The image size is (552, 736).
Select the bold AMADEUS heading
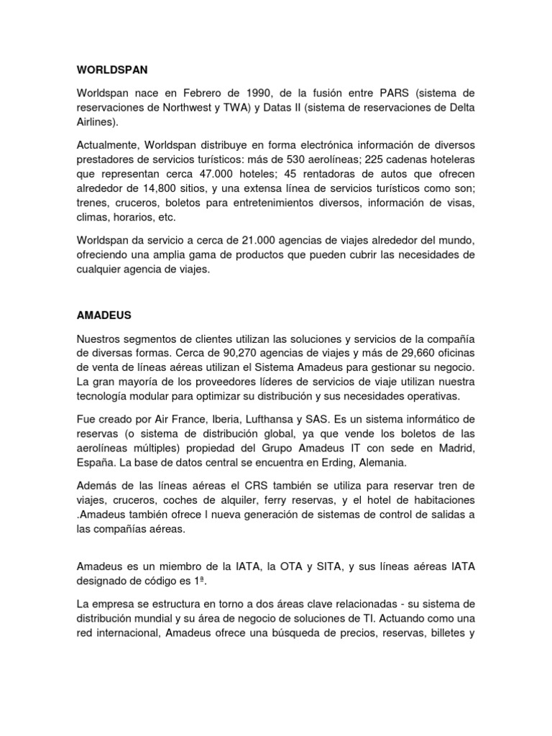tap(102, 315)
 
